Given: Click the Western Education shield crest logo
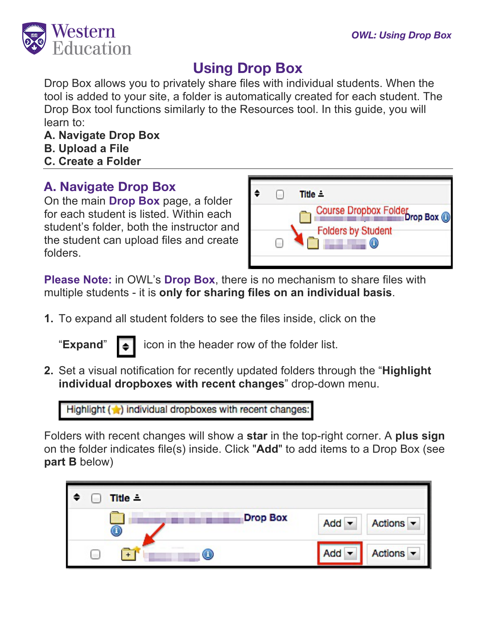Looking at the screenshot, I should click(x=34, y=38).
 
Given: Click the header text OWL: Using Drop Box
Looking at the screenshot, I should click(x=401, y=35).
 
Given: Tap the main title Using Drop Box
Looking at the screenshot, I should click(x=247, y=68).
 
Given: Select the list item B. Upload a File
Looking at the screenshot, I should click(x=86, y=148).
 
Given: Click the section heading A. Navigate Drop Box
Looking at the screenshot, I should click(x=110, y=187).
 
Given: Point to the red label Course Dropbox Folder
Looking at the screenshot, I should click(x=362, y=210).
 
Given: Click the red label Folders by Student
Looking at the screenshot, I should click(x=354, y=231).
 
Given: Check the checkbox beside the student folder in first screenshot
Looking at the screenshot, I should click(x=279, y=243).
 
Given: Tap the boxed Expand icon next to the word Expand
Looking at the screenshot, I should click(x=126, y=346).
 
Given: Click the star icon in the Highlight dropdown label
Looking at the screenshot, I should click(x=116, y=410).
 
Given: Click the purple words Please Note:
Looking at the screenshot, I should click(x=78, y=280).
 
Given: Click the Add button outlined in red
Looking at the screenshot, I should click(x=339, y=553).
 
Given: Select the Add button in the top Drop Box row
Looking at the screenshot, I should click(x=339, y=523).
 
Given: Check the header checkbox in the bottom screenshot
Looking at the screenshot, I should click(x=96, y=498).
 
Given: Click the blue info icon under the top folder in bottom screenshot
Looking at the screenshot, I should click(x=116, y=531).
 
